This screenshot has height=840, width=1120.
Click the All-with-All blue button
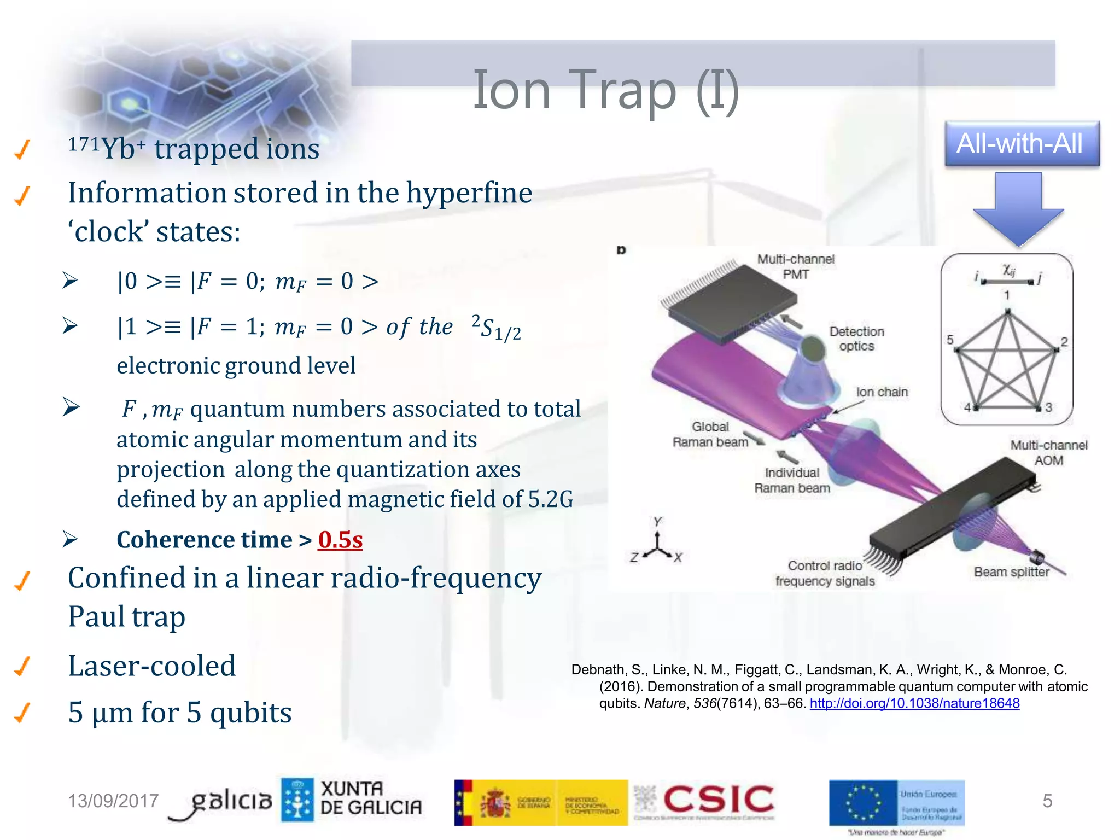[1022, 144]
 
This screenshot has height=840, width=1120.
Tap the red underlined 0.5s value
[340, 540]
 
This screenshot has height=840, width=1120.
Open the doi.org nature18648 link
[914, 703]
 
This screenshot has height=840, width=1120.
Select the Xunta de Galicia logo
[352, 800]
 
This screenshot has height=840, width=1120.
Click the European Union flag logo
[864, 803]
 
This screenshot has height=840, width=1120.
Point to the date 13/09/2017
[113, 801]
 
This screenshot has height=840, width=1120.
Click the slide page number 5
[1047, 801]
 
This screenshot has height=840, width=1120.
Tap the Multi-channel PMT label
[796, 266]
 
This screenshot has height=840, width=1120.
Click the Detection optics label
[856, 339]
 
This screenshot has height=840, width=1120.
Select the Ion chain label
[882, 392]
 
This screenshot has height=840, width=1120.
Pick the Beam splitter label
[1011, 572]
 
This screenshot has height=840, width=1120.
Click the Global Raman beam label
[710, 434]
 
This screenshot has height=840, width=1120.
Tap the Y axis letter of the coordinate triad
[657, 521]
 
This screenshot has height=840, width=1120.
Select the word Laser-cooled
[151, 666]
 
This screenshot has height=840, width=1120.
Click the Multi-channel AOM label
[1048, 453]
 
